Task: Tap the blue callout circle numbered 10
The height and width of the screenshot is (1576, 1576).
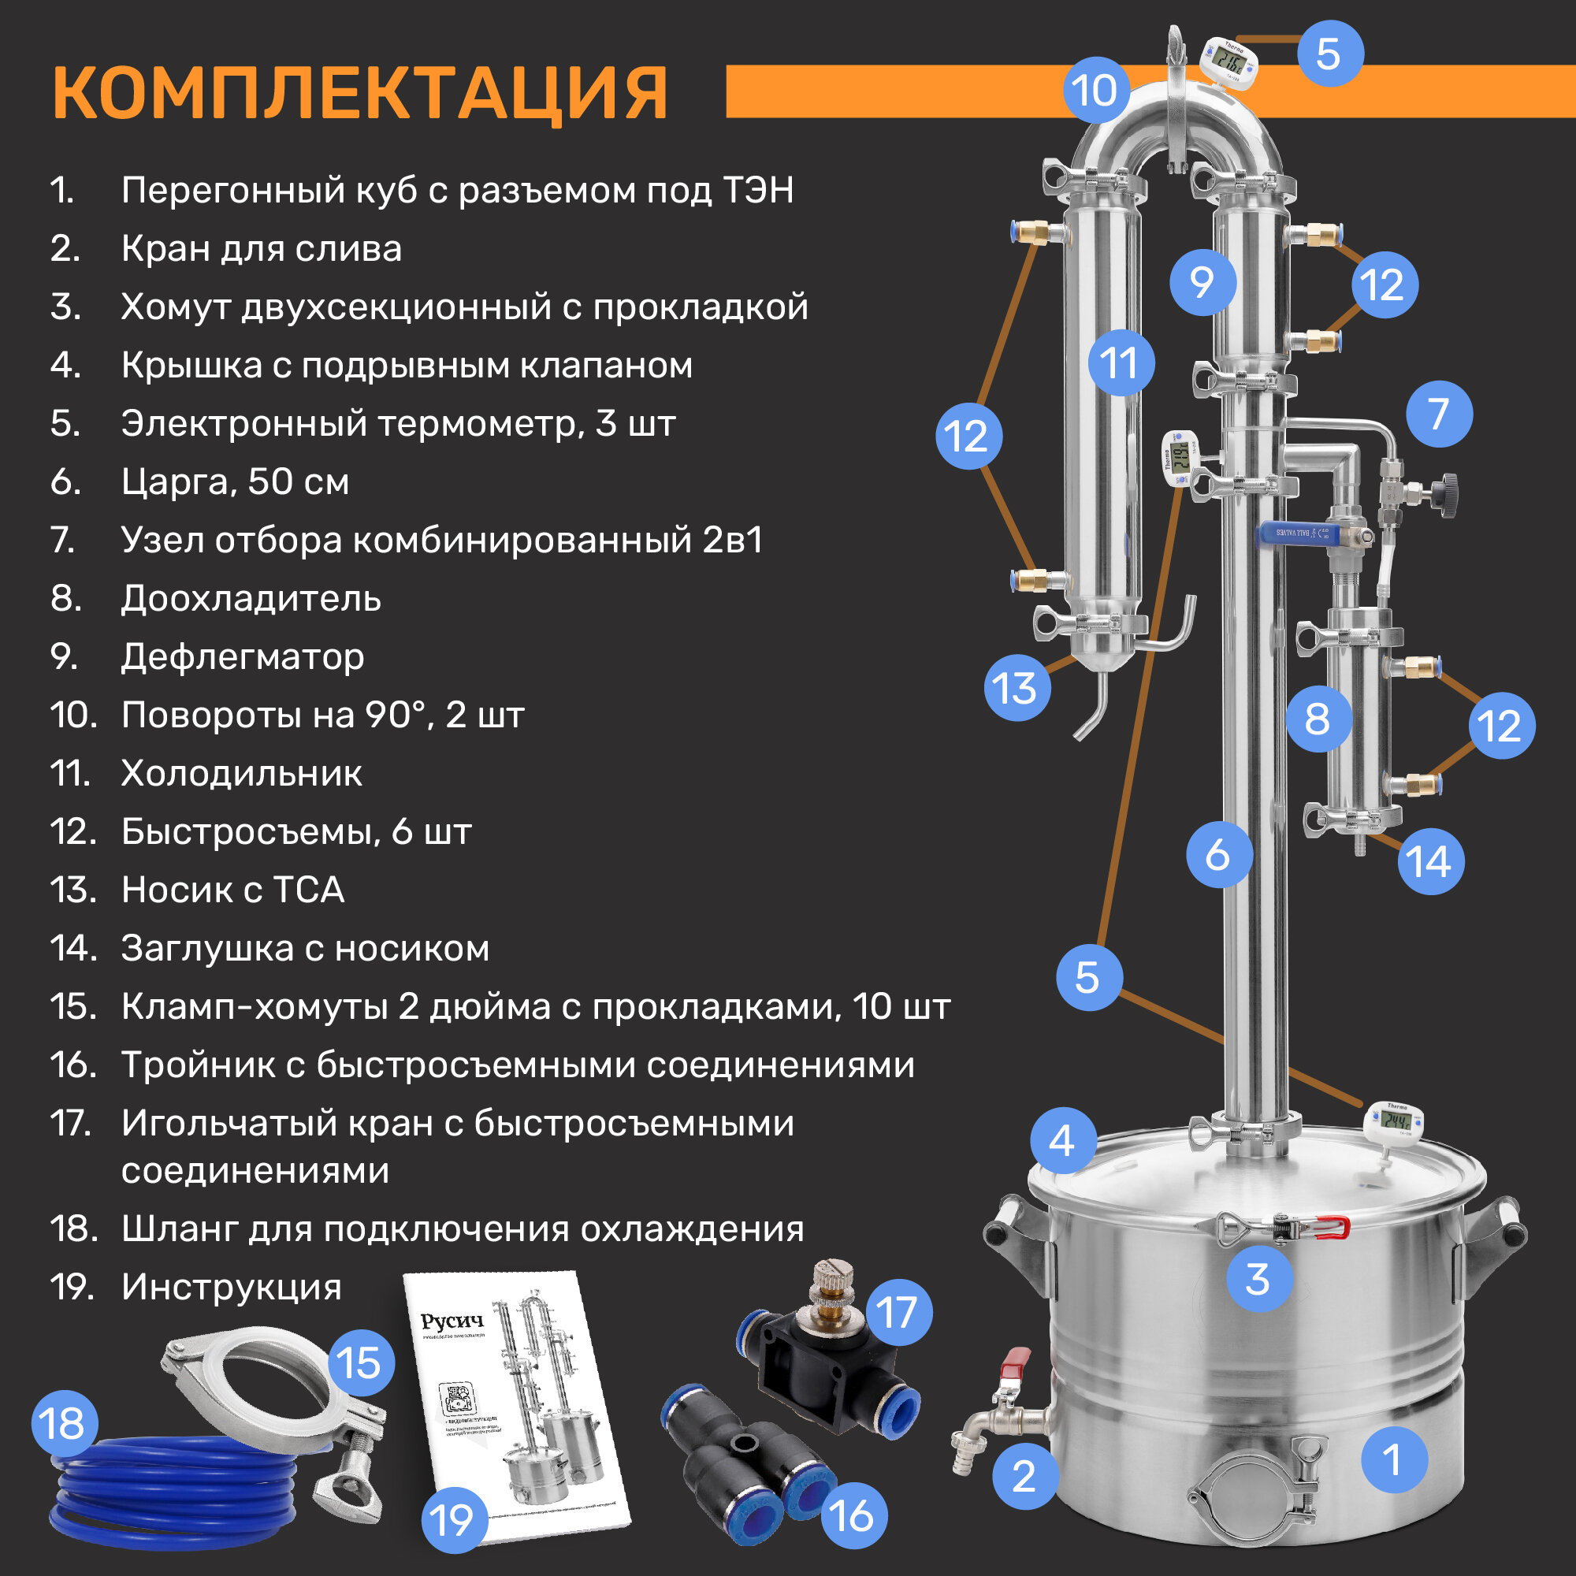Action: point(1095,91)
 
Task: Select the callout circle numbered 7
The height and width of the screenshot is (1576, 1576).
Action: point(1439,414)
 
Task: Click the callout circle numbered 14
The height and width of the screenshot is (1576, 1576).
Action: point(1431,861)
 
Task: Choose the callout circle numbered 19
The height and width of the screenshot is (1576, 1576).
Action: point(453,1521)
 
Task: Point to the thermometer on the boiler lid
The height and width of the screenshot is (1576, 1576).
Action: point(1393,1124)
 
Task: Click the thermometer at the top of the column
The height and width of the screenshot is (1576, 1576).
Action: point(1229,59)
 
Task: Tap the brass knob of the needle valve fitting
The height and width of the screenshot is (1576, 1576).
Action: point(831,1282)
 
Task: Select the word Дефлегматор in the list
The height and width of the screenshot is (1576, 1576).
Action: point(242,656)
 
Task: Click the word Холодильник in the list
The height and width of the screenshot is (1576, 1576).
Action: point(241,773)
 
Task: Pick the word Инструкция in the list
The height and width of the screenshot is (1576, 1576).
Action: point(231,1288)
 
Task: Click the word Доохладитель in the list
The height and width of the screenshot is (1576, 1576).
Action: point(251,599)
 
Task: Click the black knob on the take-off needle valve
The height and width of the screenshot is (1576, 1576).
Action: point(1447,493)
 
